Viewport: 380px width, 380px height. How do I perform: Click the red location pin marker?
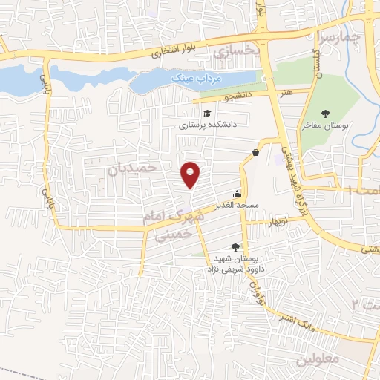tap(191, 174)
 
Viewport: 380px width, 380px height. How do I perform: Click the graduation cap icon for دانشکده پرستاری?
tap(206, 113)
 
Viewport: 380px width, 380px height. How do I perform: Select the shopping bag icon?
tap(255, 153)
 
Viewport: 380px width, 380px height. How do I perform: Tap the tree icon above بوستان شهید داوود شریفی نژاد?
tap(235, 246)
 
